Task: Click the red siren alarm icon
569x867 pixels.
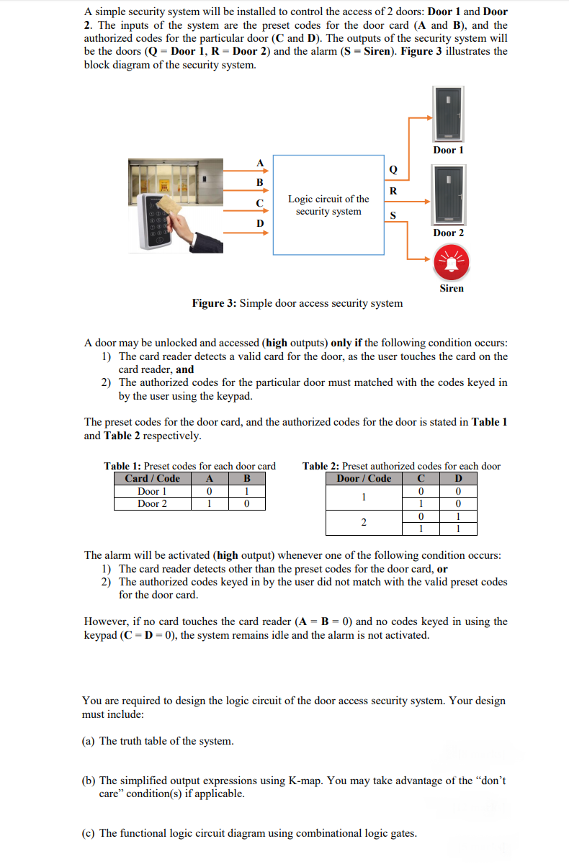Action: point(452,263)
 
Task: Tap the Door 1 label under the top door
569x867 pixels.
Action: point(448,150)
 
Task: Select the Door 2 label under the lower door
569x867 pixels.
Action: point(448,233)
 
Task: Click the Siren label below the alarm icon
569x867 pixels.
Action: point(452,288)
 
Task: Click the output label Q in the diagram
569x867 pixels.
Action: point(393,171)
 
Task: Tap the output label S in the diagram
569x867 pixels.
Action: point(393,215)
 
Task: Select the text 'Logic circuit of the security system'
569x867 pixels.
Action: point(328,205)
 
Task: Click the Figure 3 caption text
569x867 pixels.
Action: point(297,303)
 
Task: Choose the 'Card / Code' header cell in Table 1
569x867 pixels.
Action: point(152,479)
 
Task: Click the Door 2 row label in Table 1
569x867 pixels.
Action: point(152,503)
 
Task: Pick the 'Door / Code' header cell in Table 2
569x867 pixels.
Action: point(364,479)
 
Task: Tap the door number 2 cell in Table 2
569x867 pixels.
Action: point(364,522)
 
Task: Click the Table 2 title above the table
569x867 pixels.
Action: point(401,466)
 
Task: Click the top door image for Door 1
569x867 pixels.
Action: point(449,114)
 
